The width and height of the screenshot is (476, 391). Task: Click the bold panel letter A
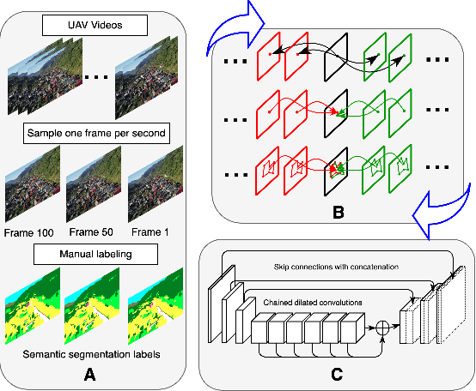click(x=91, y=374)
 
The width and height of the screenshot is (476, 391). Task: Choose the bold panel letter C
click(x=337, y=374)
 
